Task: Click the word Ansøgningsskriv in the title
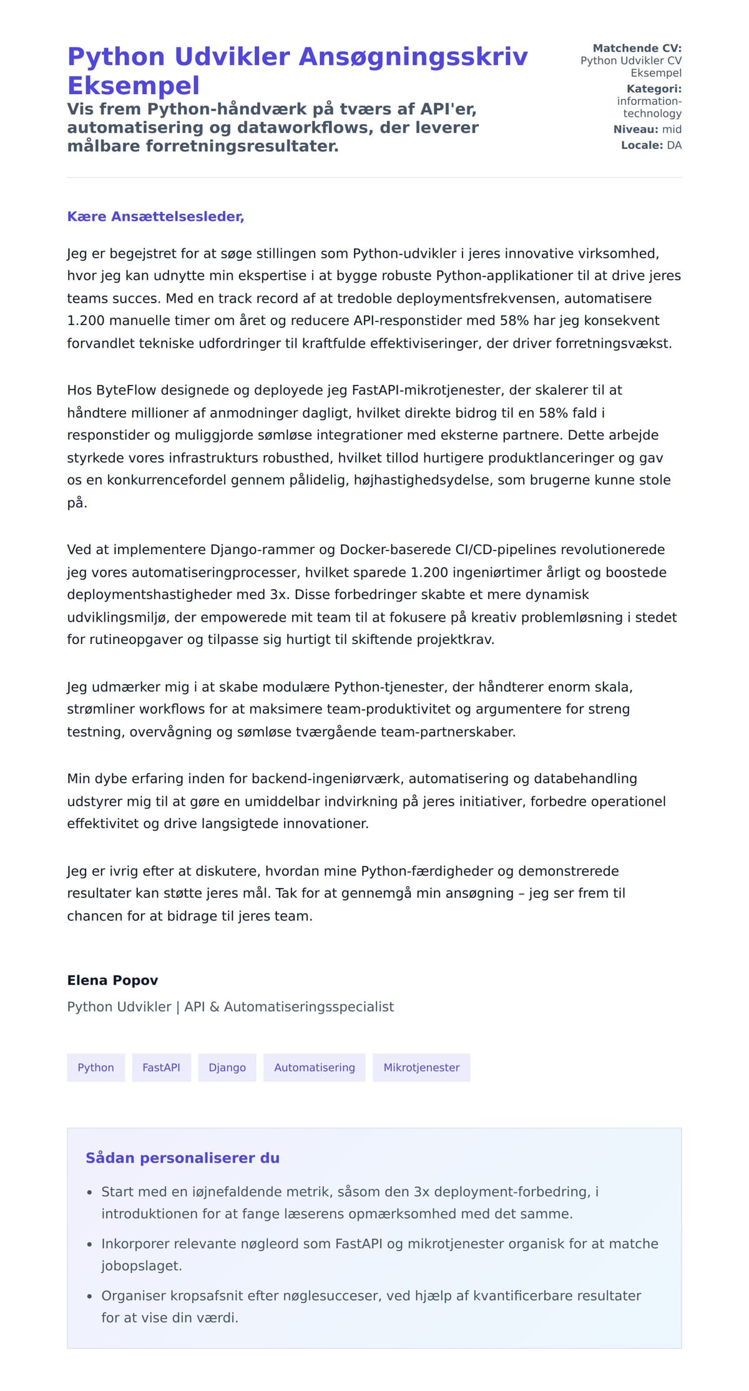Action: [x=413, y=57]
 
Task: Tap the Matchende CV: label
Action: [x=637, y=48]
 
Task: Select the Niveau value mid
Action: [x=672, y=129]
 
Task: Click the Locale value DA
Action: [x=674, y=145]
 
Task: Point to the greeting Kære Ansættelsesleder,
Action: [x=155, y=217]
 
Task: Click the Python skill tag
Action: [x=95, y=1068]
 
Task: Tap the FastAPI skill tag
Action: [x=161, y=1068]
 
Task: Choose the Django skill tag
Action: [x=227, y=1068]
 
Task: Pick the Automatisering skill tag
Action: [x=314, y=1068]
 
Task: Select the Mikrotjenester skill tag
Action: [x=421, y=1068]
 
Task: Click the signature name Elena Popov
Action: [x=112, y=980]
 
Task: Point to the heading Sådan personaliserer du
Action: [x=182, y=1158]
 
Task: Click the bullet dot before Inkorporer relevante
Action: [x=90, y=1244]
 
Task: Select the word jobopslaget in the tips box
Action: [x=141, y=1266]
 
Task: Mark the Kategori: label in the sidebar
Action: [x=654, y=89]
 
